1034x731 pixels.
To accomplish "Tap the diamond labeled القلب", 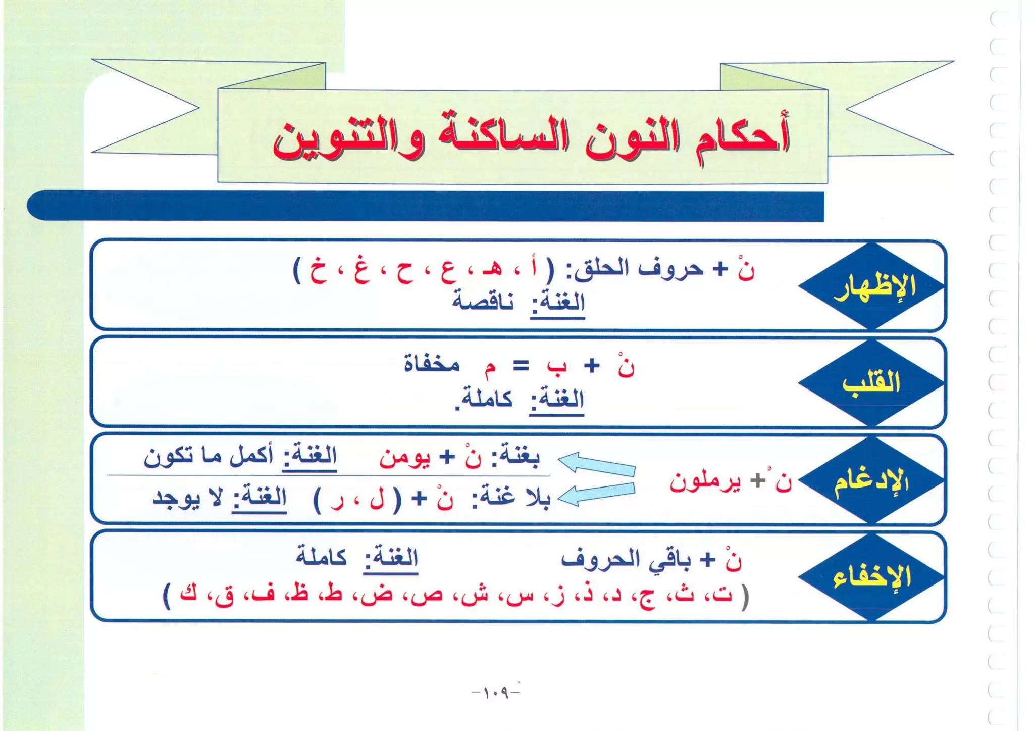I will [871, 382].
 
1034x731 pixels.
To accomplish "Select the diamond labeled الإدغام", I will [871, 480].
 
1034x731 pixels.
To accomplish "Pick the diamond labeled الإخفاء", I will [871, 577].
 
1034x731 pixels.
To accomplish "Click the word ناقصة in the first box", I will [482, 302].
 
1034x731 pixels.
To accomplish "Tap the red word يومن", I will [404, 458].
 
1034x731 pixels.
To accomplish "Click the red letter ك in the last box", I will [188, 593].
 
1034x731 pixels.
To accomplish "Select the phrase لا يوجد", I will [187, 498].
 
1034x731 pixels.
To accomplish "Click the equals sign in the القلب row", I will [521, 366].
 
